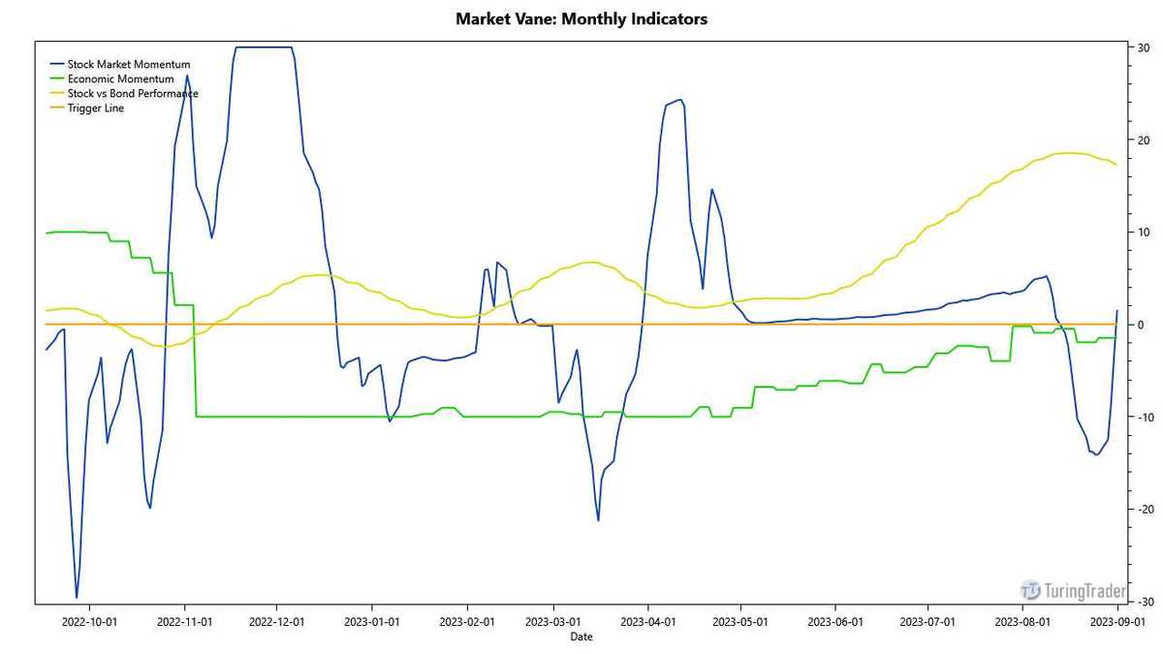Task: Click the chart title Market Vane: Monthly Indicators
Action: pos(581,18)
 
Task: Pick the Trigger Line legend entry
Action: pos(95,109)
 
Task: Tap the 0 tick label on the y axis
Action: pos(1142,325)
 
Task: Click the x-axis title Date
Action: pos(581,637)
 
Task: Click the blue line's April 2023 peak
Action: pos(679,100)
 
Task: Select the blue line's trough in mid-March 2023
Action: pos(598,520)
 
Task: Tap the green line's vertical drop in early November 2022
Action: pos(196,360)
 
